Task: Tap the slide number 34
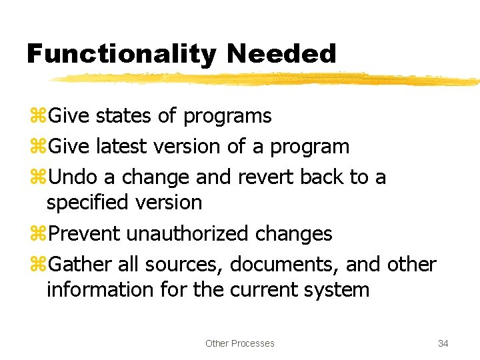pyautogui.click(x=443, y=343)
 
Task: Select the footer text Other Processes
pyautogui.click(x=240, y=343)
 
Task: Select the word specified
pyautogui.click(x=89, y=202)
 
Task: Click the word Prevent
pyautogui.click(x=85, y=233)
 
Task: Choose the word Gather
pyautogui.click(x=81, y=265)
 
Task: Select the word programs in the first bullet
pyautogui.click(x=227, y=117)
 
